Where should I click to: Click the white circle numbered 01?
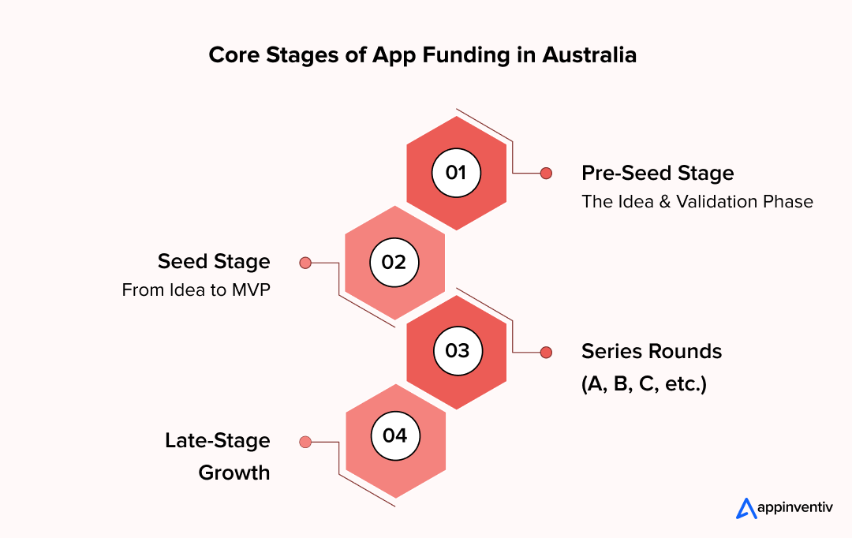tap(456, 173)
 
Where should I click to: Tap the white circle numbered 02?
tap(394, 262)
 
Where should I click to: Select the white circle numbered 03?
tap(457, 351)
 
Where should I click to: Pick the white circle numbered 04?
tap(394, 435)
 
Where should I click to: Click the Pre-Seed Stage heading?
tap(657, 173)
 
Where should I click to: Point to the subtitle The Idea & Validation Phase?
tap(697, 201)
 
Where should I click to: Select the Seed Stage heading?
tap(214, 261)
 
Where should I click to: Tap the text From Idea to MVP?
tap(196, 290)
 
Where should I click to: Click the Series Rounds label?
tap(652, 351)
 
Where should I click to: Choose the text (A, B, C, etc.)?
tap(644, 385)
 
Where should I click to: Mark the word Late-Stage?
tap(217, 440)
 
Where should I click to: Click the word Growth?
tap(234, 473)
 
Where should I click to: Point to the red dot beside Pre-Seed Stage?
tap(545, 173)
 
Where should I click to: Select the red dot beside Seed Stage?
tap(305, 263)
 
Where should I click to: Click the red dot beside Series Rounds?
tap(545, 352)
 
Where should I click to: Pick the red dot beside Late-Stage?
tap(305, 442)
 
